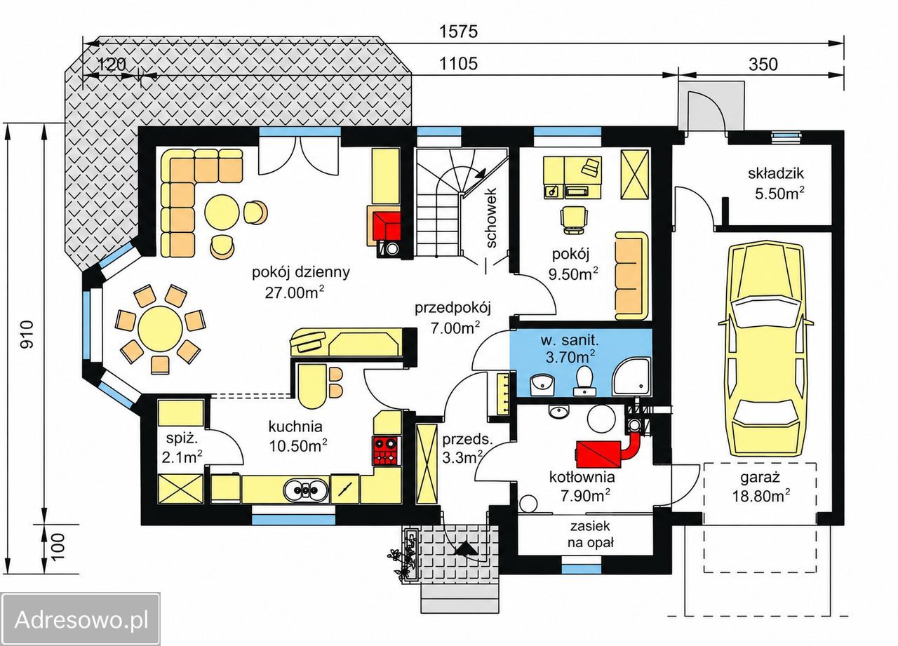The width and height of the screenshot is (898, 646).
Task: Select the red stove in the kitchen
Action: point(386,451)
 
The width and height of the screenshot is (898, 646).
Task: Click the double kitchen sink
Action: point(307,490)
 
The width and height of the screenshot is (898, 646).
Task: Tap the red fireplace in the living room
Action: point(387,226)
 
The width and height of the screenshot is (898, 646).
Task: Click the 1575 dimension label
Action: point(459,32)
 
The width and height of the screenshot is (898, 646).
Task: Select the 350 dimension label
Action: point(763,64)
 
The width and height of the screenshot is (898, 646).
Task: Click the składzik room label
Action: point(776,173)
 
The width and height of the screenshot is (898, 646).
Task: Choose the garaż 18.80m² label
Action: point(760,487)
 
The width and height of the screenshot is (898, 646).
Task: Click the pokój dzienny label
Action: point(301,273)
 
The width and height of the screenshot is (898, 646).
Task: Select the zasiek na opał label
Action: point(591,534)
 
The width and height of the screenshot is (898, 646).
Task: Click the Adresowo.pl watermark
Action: point(81,619)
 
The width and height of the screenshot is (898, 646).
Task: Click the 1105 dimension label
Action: point(459,63)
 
